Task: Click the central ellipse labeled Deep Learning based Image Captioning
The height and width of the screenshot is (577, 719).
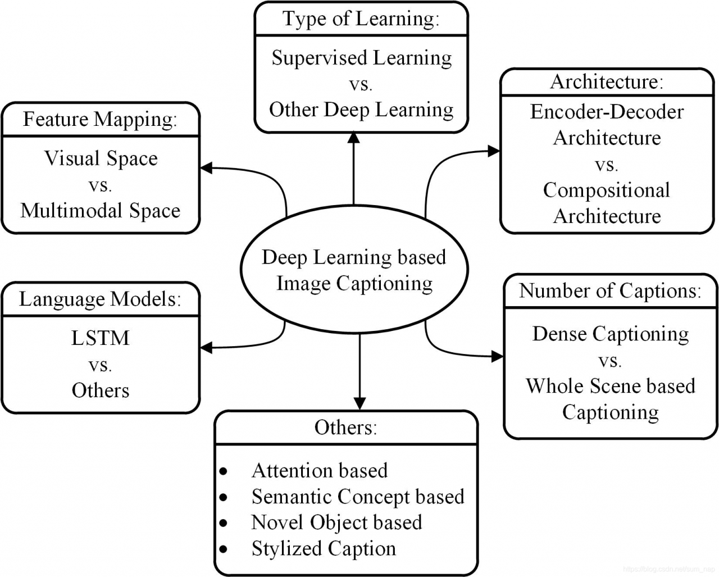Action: point(354,270)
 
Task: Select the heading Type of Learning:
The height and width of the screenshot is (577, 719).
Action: point(361,19)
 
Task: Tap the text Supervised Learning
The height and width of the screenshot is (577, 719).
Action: point(362,58)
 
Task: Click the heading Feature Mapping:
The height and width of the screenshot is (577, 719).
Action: point(101,119)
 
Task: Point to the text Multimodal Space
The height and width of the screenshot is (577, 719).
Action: point(101,211)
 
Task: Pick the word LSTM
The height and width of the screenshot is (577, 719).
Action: point(101,338)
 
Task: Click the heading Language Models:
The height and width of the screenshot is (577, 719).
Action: point(101,299)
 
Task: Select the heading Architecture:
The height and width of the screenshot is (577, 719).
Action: point(607,82)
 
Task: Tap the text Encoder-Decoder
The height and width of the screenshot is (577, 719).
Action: point(607,112)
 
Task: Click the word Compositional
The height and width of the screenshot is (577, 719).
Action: point(607,190)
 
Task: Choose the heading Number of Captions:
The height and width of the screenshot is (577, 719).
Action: point(610,290)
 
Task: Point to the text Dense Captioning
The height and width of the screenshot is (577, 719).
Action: point(610,334)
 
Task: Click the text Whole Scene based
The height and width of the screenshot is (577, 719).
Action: point(610,386)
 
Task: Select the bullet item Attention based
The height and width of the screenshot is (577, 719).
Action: point(319,470)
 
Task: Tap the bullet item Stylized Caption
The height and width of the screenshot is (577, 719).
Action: point(324,548)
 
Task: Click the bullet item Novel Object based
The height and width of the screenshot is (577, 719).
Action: point(336,523)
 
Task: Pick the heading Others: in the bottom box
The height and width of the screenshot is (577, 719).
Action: point(345,428)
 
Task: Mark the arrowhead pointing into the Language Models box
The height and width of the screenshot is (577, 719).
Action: point(206,348)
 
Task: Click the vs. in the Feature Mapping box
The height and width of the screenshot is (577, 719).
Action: point(101,185)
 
